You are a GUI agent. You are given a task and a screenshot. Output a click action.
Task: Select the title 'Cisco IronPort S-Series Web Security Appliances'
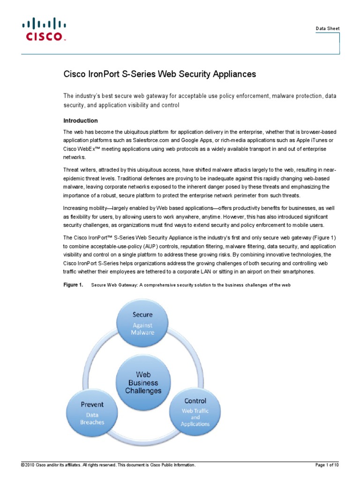[x=160, y=74]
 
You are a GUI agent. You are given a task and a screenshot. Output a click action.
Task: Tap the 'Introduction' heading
[x=81, y=120]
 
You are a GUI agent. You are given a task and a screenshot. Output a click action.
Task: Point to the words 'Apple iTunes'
[x=308, y=140]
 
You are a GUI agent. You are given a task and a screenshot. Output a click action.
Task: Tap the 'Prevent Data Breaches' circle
[x=92, y=412]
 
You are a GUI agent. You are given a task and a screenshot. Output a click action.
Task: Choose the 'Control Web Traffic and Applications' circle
[x=195, y=411]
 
